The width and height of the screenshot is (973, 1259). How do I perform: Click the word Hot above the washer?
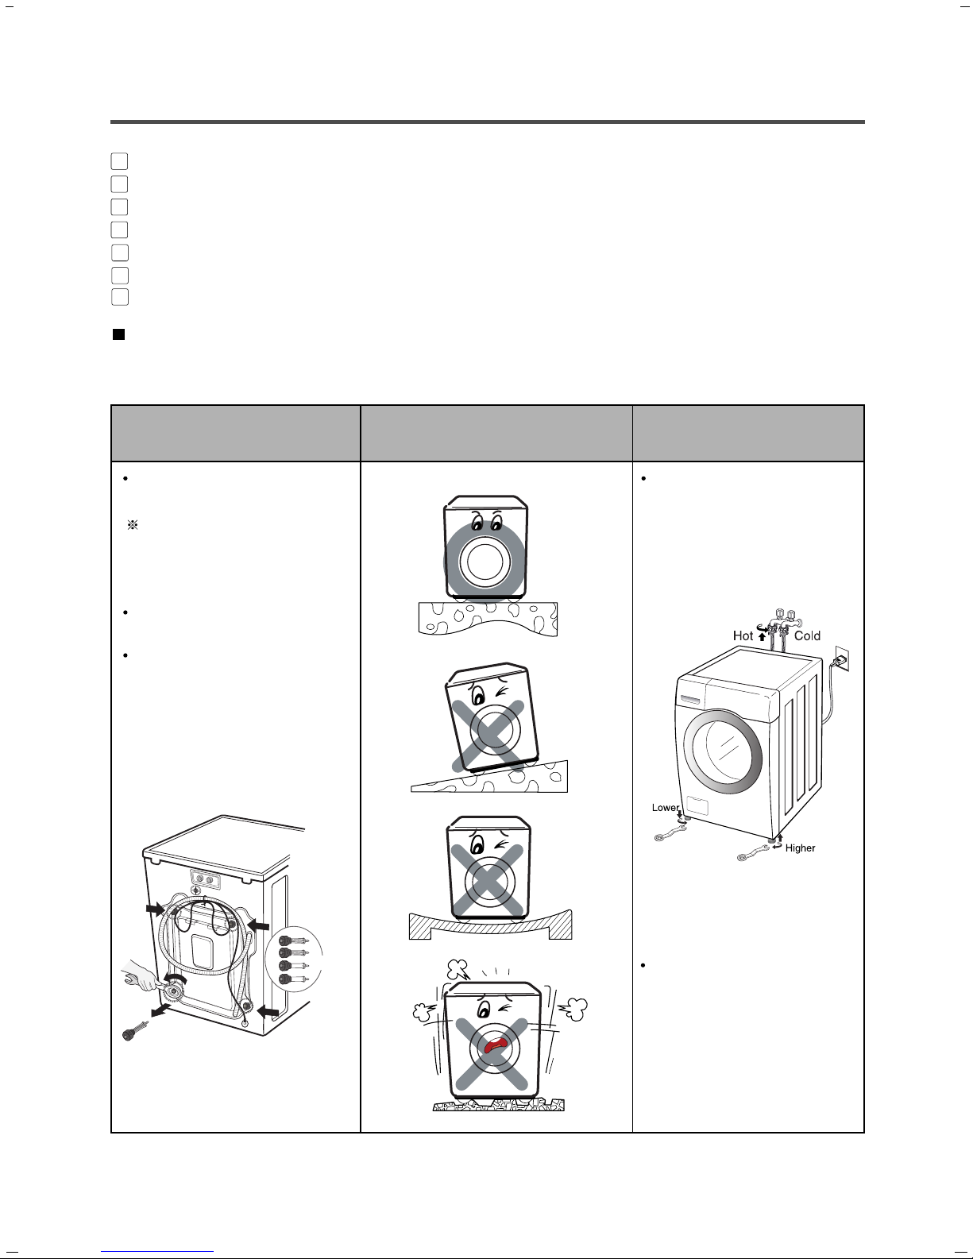click(x=743, y=635)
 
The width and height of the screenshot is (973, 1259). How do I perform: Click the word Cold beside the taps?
click(x=807, y=635)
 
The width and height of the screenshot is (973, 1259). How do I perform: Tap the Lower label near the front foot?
click(x=665, y=808)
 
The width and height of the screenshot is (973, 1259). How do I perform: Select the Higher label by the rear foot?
click(x=800, y=848)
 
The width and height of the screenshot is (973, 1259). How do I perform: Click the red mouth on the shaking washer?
click(x=494, y=1049)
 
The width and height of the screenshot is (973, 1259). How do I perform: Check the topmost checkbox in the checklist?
click(x=119, y=161)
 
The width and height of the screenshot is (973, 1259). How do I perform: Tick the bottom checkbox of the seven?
click(x=119, y=297)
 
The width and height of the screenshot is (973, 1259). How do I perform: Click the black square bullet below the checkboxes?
click(x=118, y=335)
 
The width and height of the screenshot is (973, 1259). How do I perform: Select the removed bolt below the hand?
click(x=132, y=1031)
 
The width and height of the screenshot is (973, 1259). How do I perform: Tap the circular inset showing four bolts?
click(x=295, y=960)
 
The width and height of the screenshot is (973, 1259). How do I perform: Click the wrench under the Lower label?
click(x=669, y=833)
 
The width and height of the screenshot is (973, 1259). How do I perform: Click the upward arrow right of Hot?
click(x=762, y=636)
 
